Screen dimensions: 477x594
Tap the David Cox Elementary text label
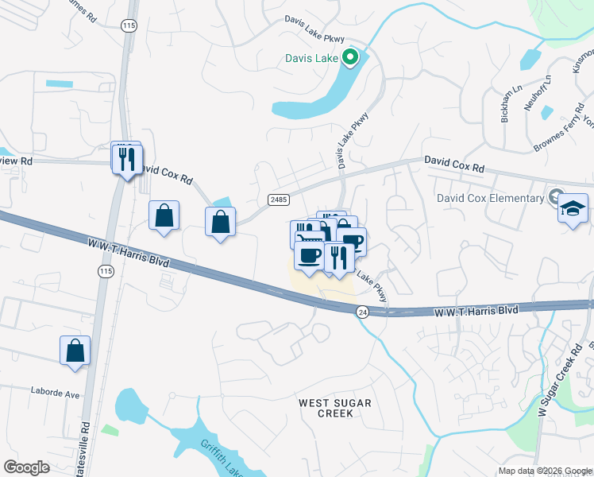click(x=490, y=197)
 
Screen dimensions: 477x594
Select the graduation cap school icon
click(x=573, y=209)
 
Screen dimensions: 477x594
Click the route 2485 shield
click(x=278, y=199)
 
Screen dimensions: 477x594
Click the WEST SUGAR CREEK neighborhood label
click(x=334, y=408)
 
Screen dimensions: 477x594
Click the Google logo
click(x=26, y=467)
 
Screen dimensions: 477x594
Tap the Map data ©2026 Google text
click(x=544, y=471)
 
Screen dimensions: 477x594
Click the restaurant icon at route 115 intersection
click(x=126, y=159)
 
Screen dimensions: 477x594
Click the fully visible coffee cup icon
click(x=309, y=256)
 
